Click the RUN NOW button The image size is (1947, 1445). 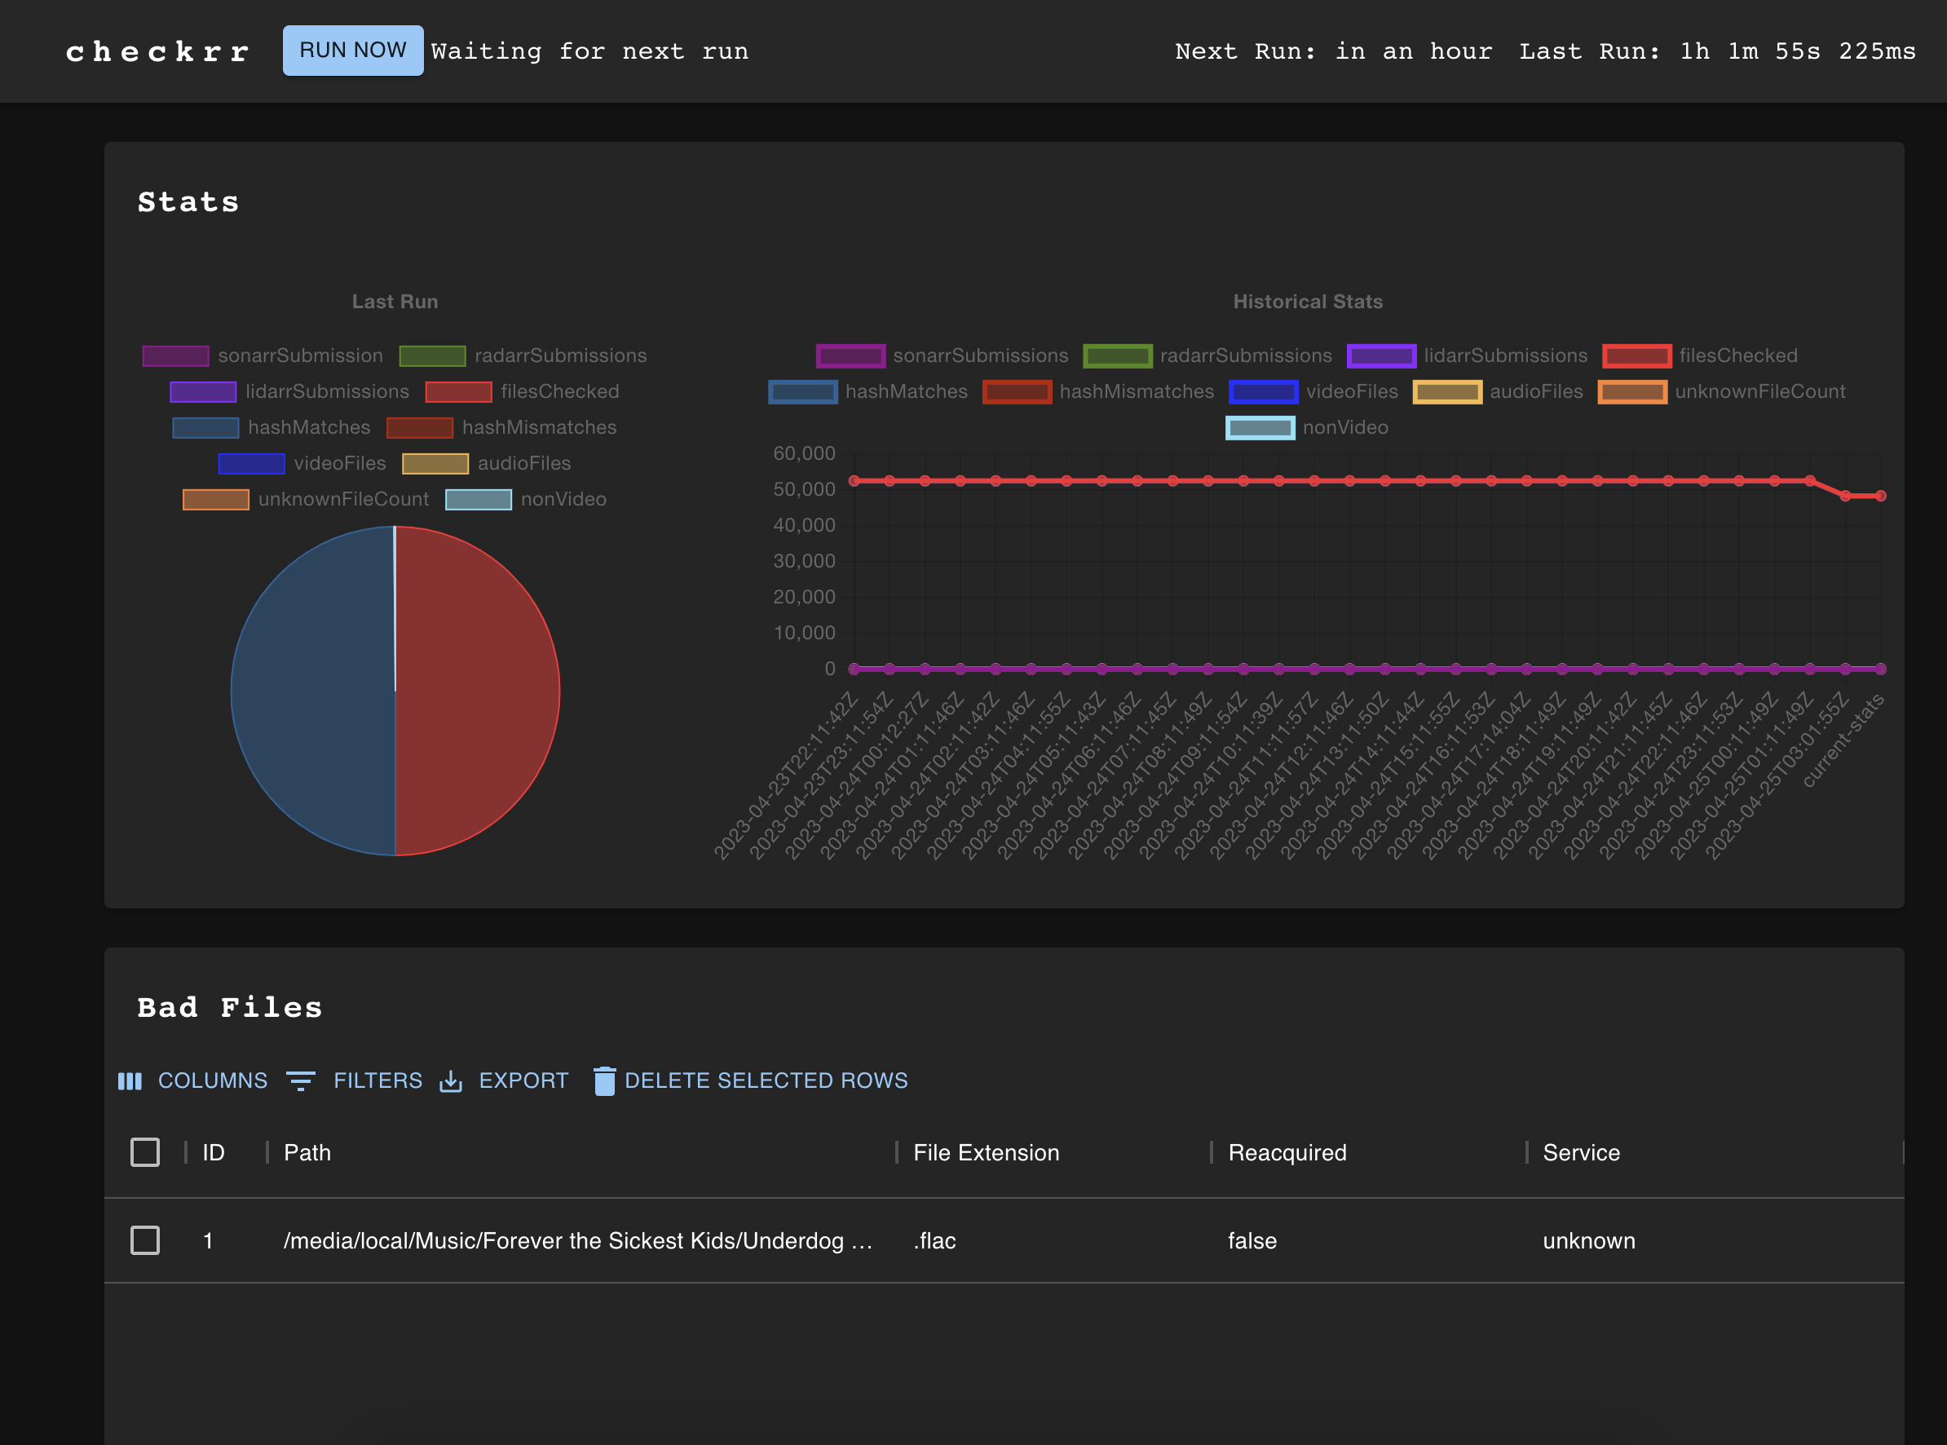(352, 51)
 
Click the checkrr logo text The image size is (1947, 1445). (158, 51)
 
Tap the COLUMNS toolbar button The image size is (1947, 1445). (193, 1080)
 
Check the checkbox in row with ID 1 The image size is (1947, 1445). (145, 1240)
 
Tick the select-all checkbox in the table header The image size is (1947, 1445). (145, 1152)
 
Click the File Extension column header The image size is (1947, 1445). (986, 1153)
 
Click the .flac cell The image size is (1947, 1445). (934, 1240)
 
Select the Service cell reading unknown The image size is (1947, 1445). (1588, 1240)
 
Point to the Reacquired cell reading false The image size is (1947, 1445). (1252, 1240)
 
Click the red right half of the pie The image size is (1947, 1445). (477, 691)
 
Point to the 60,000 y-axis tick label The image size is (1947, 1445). (804, 453)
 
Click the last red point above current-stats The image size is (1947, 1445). (1879, 496)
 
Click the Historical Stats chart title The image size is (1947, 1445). (1307, 302)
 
